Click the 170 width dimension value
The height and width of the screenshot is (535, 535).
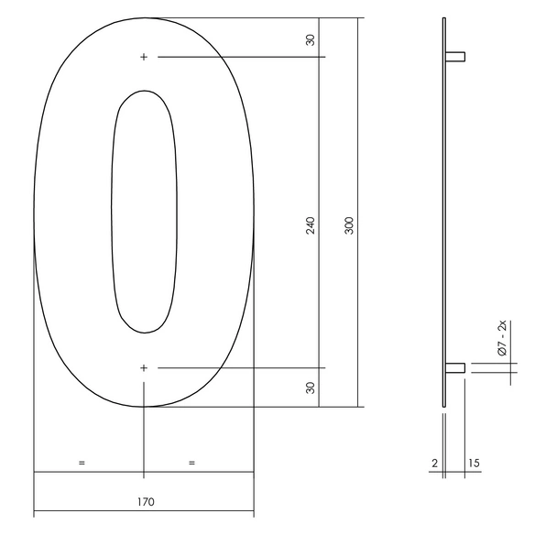click(146, 502)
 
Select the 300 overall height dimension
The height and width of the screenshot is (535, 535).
click(349, 225)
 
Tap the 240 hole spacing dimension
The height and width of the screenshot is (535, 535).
click(311, 225)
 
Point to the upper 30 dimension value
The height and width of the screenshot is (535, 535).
click(311, 40)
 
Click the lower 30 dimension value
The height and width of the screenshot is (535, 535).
click(311, 388)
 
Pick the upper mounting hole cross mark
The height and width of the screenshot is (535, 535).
click(144, 57)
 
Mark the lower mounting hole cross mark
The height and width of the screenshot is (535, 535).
click(144, 368)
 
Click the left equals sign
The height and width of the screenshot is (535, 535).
click(82, 463)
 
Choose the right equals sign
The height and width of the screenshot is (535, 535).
click(191, 463)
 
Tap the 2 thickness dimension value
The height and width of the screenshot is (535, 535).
click(434, 463)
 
